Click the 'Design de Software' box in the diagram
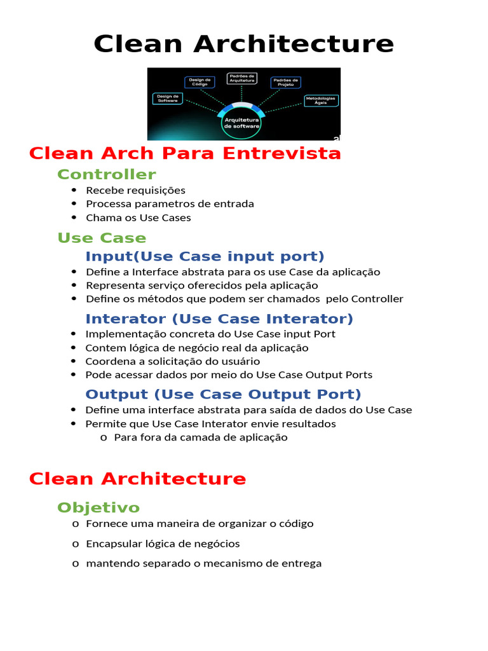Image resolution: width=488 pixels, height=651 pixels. pos(168,99)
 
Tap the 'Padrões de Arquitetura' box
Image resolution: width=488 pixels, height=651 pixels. pos(242,79)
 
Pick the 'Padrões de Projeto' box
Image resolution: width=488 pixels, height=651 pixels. pos(286,82)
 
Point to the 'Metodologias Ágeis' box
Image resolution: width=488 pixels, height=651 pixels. pos(321,100)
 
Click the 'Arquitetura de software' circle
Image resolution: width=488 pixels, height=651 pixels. pos(241,123)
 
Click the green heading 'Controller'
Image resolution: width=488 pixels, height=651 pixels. pos(106,174)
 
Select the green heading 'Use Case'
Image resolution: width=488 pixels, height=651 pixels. pos(102,238)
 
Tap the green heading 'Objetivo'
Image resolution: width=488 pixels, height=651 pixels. pos(98,507)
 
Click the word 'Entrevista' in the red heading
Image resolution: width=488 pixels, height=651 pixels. pos(283,153)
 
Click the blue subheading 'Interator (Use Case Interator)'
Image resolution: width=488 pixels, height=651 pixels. pos(219,319)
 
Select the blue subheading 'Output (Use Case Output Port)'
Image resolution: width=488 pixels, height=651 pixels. pos(223,394)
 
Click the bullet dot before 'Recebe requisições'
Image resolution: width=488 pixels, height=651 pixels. pos(74,190)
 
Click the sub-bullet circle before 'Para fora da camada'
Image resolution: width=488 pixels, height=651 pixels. pos(103,437)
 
